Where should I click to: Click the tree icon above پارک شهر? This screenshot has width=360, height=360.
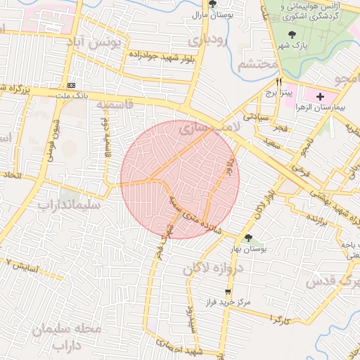tap(292, 34)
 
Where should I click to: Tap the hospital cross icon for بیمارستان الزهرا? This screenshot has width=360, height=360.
tap(321, 96)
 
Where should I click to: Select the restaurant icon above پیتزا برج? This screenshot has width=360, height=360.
tap(279, 82)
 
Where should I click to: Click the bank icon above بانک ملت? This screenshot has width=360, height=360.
tap(70, 84)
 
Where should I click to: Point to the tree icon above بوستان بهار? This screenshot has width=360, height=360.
tap(248, 238)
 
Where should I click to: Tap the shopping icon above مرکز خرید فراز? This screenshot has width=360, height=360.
tap(227, 291)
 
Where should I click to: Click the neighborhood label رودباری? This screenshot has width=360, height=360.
tap(209, 40)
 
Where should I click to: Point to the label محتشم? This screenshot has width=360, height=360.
tap(254, 65)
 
